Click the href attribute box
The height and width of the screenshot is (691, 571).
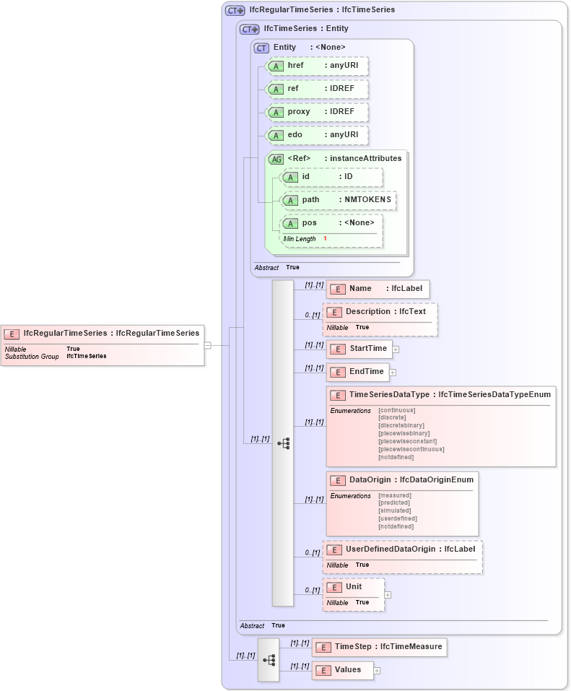317,66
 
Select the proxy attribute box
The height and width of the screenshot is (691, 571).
317,112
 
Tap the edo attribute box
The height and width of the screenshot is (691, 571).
317,135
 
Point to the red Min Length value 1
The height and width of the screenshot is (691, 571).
325,238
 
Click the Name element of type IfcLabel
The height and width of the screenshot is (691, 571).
378,289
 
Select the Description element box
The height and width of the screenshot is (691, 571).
380,312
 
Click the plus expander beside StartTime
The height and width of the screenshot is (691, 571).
396,349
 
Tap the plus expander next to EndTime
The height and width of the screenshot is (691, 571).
393,373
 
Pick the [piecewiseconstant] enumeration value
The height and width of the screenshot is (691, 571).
407,441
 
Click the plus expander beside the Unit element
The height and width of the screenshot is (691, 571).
388,595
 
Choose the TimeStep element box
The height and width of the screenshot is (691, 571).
379,647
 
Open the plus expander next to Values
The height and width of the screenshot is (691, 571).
377,670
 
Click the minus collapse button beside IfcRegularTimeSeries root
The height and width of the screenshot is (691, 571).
207,345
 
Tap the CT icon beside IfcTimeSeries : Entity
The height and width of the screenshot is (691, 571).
250,29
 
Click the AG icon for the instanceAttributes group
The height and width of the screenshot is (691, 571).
276,159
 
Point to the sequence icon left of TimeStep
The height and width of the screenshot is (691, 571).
269,659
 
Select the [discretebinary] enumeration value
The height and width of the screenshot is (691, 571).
401,425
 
